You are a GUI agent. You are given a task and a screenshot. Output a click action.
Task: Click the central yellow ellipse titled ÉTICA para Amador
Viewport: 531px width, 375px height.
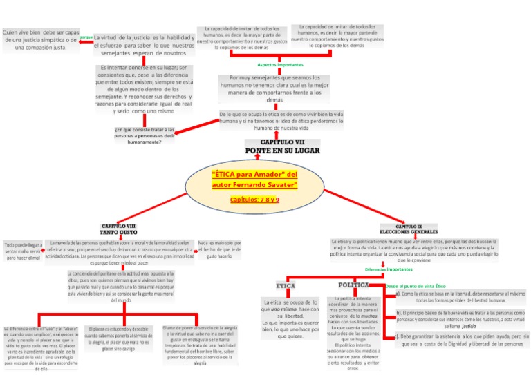[254, 187]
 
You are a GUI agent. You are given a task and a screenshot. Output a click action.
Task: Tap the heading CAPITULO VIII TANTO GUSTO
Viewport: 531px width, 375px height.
[119, 230]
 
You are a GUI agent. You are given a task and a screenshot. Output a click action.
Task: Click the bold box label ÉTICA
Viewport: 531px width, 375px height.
[286, 285]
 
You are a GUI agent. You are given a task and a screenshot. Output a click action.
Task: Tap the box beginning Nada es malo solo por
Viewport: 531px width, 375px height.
[220, 249]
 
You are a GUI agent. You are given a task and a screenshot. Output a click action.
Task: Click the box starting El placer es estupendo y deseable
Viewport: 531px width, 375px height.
[119, 339]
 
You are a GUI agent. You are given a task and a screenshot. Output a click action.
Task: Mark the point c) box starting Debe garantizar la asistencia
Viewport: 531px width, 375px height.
[460, 340]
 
